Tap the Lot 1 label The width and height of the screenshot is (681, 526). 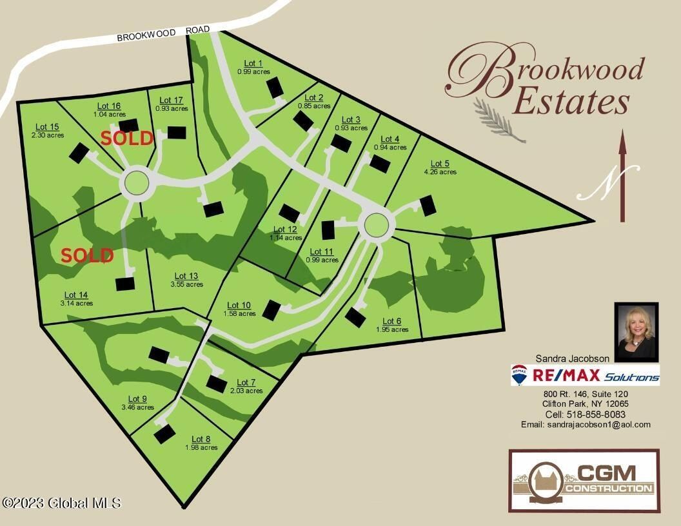(x=253, y=63)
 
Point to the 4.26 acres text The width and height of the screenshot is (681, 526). (x=440, y=172)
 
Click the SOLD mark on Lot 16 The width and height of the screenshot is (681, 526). (x=127, y=138)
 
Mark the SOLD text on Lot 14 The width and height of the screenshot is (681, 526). (x=88, y=255)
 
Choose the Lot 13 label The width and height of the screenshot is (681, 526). (x=186, y=276)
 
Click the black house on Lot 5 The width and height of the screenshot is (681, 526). (x=428, y=206)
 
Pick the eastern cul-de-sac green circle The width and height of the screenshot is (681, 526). (x=379, y=225)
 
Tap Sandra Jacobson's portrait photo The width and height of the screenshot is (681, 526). (x=636, y=331)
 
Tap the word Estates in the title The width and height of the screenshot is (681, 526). (x=571, y=102)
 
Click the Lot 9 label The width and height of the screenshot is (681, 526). (x=137, y=398)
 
